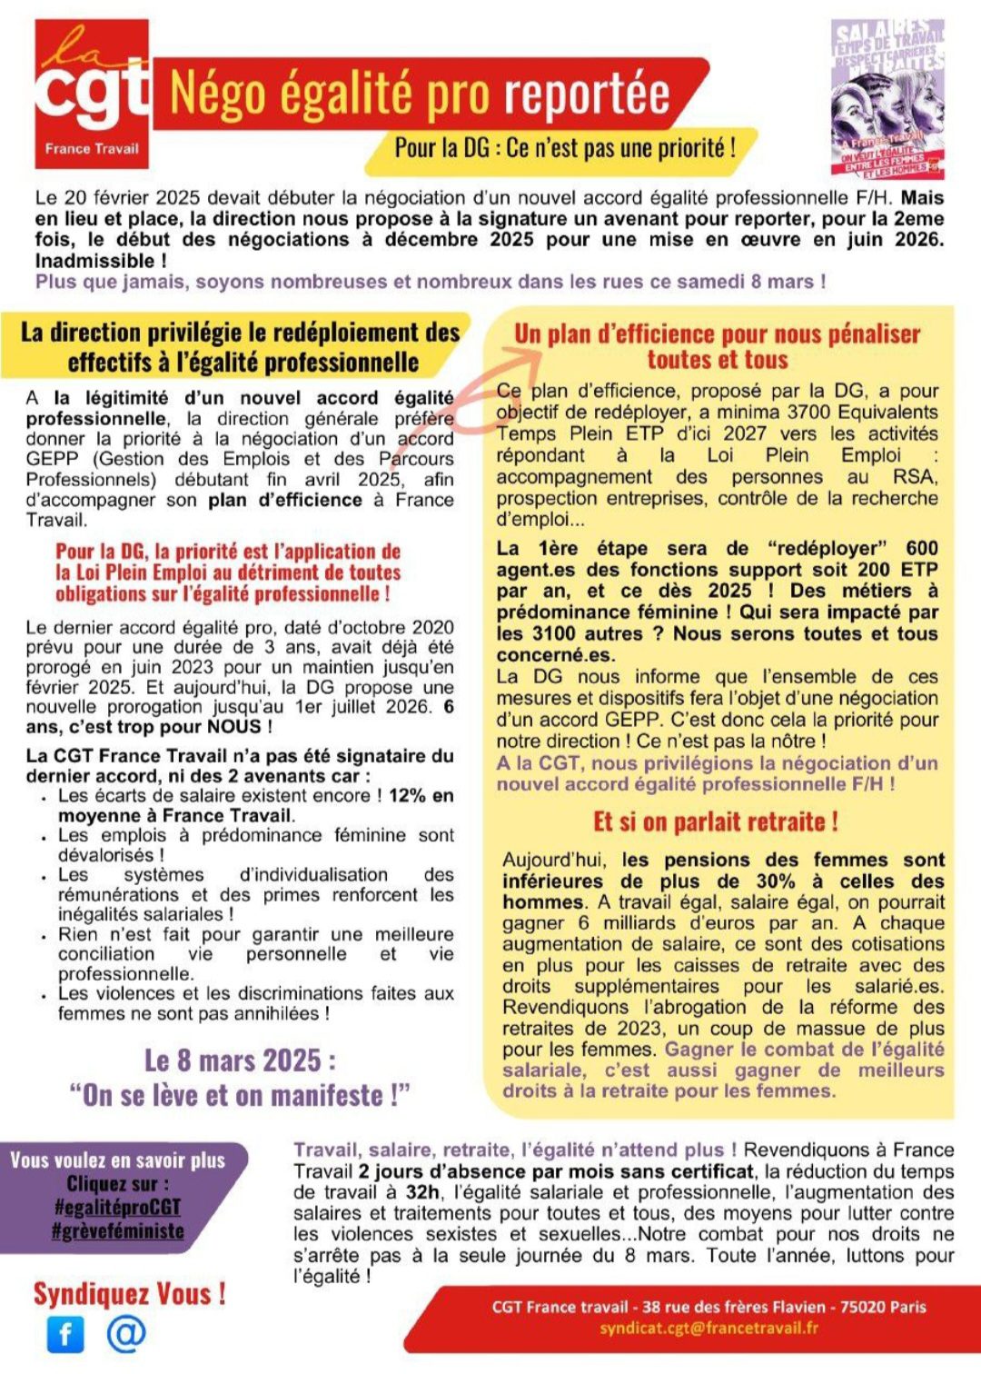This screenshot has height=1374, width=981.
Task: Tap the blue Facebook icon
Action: (65, 1333)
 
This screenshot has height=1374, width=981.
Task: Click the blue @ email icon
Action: (126, 1332)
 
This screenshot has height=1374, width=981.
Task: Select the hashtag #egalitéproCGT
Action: (118, 1207)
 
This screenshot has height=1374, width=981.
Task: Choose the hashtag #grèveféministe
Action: (118, 1231)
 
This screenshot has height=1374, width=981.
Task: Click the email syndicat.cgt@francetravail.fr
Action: (708, 1328)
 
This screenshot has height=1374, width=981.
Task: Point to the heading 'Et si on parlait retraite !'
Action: (716, 822)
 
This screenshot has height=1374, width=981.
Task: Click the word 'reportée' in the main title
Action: (587, 94)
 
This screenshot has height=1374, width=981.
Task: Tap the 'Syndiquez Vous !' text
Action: (129, 1293)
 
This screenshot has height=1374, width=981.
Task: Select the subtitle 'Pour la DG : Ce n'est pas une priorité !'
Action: (564, 147)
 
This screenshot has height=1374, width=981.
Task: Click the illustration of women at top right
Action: (887, 99)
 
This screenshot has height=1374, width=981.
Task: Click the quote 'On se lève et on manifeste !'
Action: (240, 1095)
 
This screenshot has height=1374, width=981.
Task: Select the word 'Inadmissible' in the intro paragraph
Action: (94, 261)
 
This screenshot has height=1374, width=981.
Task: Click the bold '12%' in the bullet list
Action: (407, 795)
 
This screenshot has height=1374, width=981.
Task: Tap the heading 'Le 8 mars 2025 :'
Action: (240, 1060)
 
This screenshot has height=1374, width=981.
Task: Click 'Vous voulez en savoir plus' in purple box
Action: (117, 1160)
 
